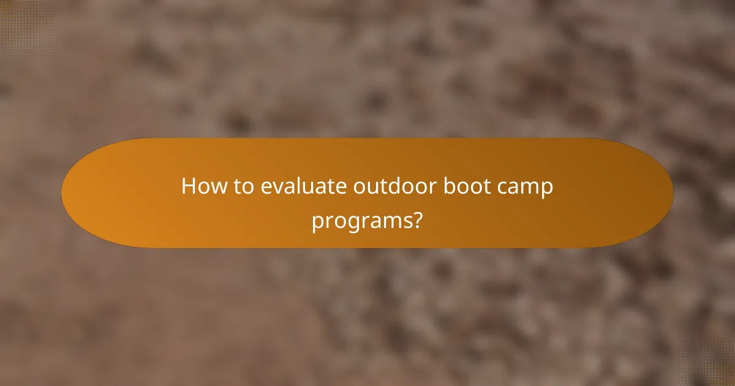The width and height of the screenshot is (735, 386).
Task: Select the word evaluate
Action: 303,186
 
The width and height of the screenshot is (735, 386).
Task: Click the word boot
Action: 459,186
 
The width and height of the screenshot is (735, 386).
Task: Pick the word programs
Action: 361,220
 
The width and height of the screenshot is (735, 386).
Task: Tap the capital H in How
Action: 189,186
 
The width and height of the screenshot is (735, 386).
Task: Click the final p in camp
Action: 546,189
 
